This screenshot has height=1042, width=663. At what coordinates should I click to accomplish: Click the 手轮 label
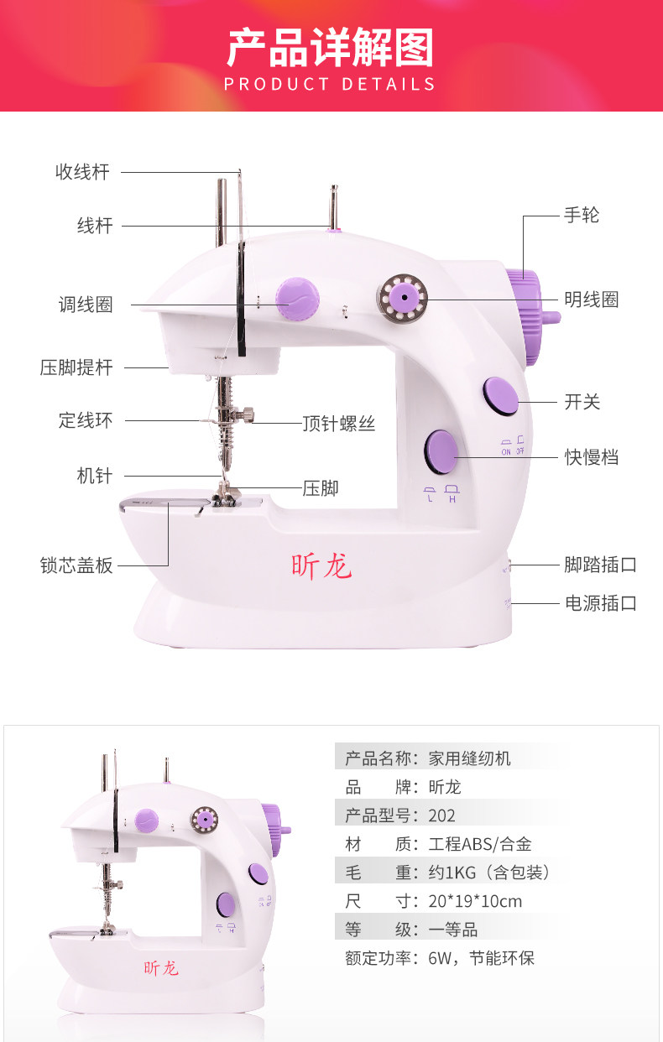click(x=582, y=216)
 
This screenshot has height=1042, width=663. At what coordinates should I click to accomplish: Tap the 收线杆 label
click(x=82, y=172)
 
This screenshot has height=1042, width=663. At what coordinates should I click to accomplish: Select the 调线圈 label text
click(x=86, y=305)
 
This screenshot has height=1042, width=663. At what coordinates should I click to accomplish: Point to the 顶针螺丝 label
click(x=338, y=424)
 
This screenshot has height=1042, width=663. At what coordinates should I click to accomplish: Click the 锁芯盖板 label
click(x=76, y=565)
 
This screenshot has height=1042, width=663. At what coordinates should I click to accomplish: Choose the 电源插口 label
click(x=600, y=603)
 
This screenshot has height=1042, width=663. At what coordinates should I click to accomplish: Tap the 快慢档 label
click(x=592, y=457)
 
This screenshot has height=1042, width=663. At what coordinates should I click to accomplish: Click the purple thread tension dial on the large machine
click(x=299, y=299)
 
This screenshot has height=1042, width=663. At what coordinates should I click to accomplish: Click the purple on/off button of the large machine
click(x=501, y=396)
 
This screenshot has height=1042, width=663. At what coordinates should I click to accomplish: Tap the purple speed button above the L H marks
click(x=441, y=454)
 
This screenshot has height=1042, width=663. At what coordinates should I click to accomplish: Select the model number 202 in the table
click(x=441, y=815)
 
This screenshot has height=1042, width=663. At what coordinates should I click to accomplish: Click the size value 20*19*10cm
click(x=475, y=901)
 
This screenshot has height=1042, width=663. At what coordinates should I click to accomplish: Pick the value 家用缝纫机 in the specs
click(x=469, y=758)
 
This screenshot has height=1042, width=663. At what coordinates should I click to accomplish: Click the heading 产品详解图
click(x=331, y=48)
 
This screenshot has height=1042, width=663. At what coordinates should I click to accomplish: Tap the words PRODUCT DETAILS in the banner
click(x=331, y=85)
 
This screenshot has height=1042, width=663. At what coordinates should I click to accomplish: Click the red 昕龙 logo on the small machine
click(x=161, y=968)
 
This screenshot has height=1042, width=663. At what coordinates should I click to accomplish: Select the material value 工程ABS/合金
click(x=479, y=844)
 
